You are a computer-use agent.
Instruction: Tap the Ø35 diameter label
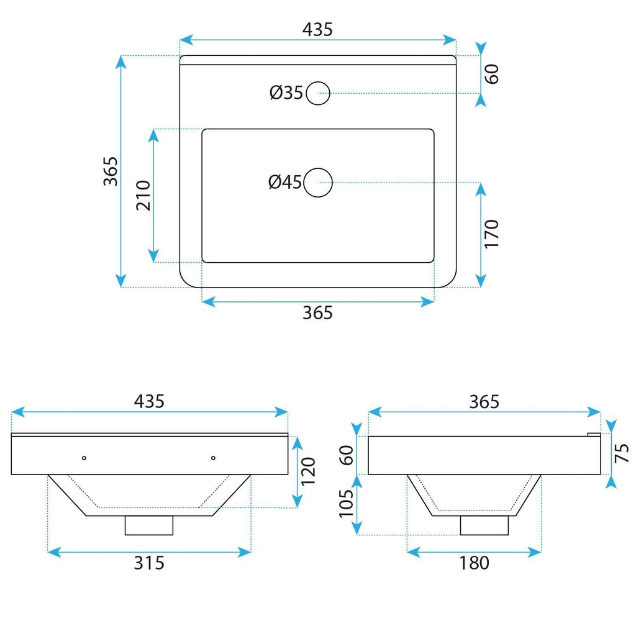coord(286,93)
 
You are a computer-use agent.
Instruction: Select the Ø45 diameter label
coord(285,182)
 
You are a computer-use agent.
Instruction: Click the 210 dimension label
coord(143,196)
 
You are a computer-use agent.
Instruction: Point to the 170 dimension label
coord(491,234)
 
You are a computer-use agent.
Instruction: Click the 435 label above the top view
coord(317,30)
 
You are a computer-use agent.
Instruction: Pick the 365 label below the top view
coord(317,313)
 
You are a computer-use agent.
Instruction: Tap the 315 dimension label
coord(149,563)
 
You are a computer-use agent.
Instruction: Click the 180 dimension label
coord(474,563)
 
